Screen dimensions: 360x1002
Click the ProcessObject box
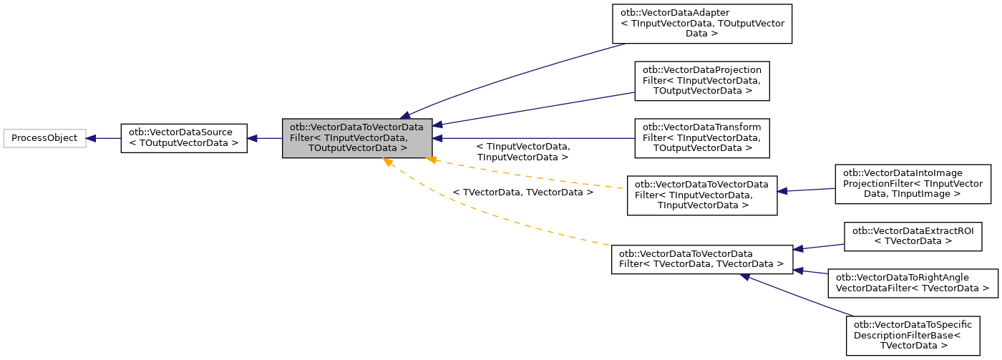(x=44, y=138)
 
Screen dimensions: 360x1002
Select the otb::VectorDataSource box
(x=183, y=138)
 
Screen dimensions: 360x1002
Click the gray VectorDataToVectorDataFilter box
(x=357, y=138)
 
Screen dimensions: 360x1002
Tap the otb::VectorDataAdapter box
(x=701, y=24)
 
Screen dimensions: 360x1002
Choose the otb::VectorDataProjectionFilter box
(x=701, y=80)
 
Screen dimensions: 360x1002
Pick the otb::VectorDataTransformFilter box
(x=701, y=138)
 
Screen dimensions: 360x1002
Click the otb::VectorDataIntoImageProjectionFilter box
(x=913, y=183)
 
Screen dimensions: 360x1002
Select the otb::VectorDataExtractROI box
(x=913, y=236)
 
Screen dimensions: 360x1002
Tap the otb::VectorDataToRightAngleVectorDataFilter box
(x=913, y=283)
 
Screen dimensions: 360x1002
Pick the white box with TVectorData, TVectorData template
(x=701, y=259)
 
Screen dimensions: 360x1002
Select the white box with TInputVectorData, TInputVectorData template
(x=701, y=195)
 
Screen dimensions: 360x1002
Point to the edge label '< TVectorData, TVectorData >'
(x=522, y=193)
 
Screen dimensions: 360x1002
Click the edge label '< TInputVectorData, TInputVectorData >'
(x=522, y=151)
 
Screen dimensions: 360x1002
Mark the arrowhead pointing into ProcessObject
(x=92, y=138)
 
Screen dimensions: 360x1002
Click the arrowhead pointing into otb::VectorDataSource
(x=253, y=138)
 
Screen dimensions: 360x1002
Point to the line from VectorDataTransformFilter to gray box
(x=537, y=138)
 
